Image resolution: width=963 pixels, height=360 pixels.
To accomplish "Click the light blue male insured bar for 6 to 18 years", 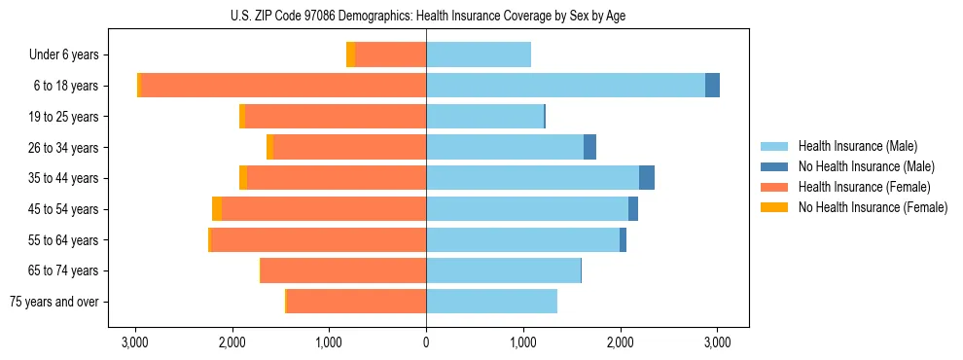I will click(565, 86).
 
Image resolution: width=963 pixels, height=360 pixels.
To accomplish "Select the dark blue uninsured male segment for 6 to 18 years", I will click(712, 86).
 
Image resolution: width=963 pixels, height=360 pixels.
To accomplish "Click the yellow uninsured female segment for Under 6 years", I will click(350, 55).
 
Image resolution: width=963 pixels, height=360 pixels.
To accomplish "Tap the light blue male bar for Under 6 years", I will click(479, 55).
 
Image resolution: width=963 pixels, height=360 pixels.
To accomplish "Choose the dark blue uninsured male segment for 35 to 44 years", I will click(647, 178).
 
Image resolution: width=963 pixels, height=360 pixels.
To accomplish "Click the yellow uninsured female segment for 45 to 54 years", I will click(217, 209).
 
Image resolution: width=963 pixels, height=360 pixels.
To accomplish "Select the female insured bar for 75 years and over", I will click(356, 302).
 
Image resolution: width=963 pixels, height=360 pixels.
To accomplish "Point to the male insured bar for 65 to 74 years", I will click(503, 270).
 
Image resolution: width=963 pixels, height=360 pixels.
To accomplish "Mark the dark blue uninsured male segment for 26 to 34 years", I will click(589, 147).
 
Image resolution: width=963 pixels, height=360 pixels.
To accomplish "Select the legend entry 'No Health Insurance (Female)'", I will click(873, 207).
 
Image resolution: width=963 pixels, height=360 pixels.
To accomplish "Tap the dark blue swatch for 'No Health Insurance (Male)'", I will click(775, 166).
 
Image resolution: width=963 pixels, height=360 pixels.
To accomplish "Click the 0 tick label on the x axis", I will click(426, 342).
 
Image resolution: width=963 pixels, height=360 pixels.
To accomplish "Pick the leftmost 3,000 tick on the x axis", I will click(134, 342).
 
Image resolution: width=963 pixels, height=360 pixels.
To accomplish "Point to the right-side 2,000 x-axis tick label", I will click(621, 342).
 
